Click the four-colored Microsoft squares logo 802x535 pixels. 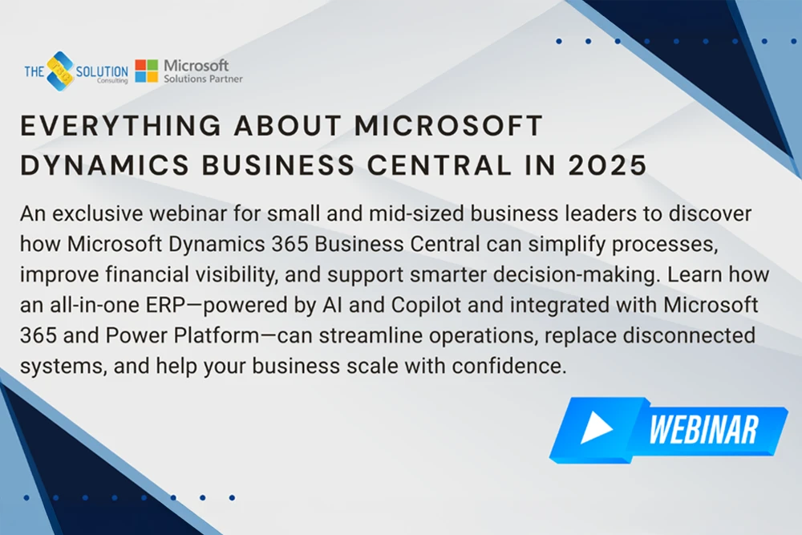[146, 71]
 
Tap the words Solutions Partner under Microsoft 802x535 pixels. [203, 79]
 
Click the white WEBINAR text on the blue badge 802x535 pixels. [703, 430]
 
